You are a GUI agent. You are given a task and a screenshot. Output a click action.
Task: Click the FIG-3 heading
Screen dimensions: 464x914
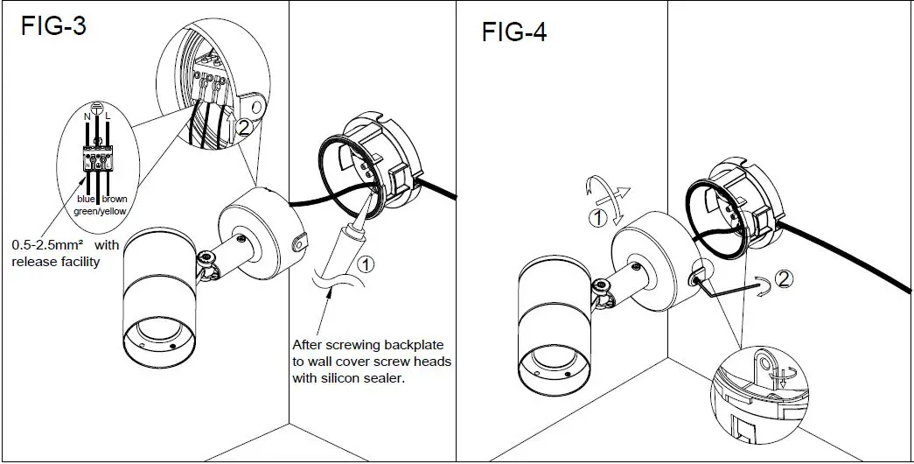pyautogui.click(x=53, y=26)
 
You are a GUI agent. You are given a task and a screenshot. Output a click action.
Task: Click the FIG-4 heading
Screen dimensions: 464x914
pyautogui.click(x=514, y=32)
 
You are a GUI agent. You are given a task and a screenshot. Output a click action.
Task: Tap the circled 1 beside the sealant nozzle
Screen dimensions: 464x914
pyautogui.click(x=366, y=261)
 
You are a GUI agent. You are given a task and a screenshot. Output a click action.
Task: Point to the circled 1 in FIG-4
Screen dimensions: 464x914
pyautogui.click(x=597, y=218)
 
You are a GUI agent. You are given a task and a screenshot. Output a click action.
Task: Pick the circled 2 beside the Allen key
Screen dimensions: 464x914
pyautogui.click(x=785, y=279)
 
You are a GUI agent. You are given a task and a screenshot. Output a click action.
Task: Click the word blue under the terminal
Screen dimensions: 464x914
pyautogui.click(x=86, y=199)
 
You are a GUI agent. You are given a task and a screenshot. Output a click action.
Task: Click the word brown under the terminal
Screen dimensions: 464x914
pyautogui.click(x=115, y=199)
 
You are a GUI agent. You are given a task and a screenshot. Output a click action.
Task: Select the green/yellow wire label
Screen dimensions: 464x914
pyautogui.click(x=97, y=210)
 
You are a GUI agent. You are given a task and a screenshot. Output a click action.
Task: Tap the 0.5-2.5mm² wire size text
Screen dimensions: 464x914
pyautogui.click(x=49, y=246)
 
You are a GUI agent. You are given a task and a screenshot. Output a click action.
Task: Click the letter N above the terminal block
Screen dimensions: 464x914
pyautogui.click(x=86, y=114)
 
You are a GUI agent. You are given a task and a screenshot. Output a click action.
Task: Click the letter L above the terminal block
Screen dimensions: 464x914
pyautogui.click(x=107, y=114)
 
